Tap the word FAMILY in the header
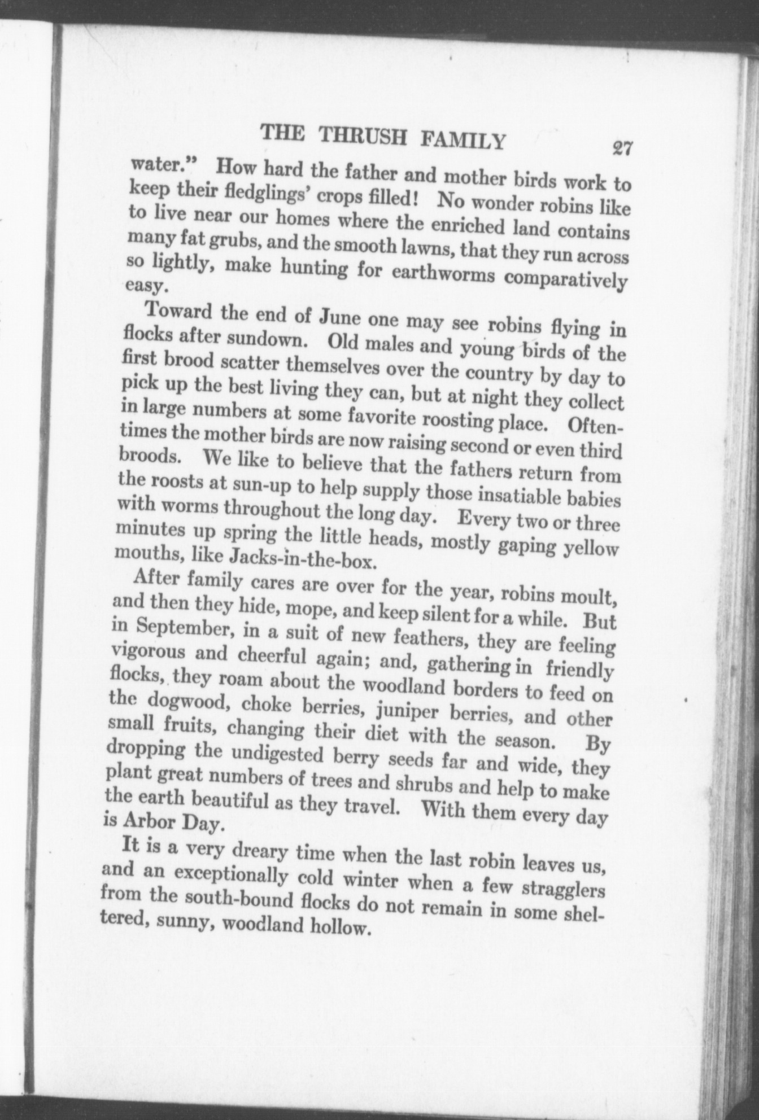(x=459, y=139)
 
